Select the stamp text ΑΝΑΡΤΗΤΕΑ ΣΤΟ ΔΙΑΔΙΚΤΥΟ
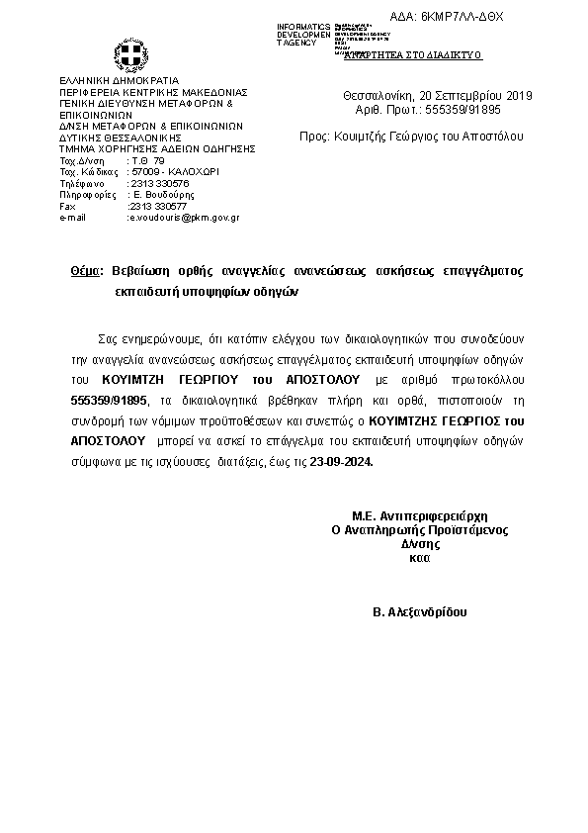tap(412, 55)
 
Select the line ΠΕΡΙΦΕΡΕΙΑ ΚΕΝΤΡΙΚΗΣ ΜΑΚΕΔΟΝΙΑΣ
tap(153, 91)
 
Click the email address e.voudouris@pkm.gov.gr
tap(184, 217)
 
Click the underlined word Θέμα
tap(87, 271)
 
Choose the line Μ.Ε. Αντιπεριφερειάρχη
tap(421, 515)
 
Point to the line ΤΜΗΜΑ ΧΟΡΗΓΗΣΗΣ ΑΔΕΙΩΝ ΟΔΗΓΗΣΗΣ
tap(157, 147)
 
